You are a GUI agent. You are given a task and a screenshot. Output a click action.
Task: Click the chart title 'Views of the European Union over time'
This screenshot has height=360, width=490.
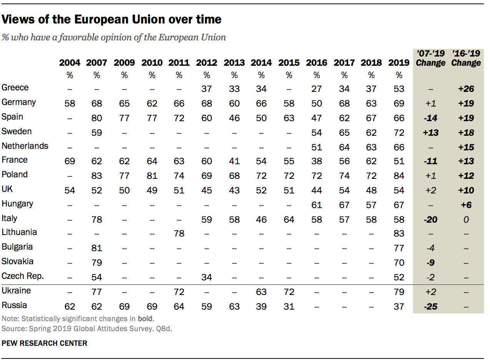112,19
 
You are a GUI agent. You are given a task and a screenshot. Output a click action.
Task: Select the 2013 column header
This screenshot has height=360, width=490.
234,63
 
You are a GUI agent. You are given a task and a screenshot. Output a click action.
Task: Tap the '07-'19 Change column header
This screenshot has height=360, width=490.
430,58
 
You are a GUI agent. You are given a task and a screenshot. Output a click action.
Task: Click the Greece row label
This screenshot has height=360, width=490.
15,88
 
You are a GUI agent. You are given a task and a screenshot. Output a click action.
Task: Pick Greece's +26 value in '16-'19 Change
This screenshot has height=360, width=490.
466,89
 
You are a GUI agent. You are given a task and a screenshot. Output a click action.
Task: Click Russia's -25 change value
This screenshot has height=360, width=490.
430,307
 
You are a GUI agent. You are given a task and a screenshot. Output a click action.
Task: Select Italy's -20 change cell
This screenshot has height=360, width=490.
430,220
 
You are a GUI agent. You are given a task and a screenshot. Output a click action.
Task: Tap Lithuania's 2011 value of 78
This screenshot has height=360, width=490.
179,234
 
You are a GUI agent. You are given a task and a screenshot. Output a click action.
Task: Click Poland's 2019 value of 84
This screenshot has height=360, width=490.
399,176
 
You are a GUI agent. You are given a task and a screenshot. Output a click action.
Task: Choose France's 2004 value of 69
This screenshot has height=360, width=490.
70,161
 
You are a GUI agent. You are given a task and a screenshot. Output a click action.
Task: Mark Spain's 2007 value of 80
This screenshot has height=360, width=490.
97,118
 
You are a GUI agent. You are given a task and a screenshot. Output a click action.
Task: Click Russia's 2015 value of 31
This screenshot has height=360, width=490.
289,307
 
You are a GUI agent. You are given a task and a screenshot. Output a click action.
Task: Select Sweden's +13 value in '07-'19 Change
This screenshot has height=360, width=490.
430,132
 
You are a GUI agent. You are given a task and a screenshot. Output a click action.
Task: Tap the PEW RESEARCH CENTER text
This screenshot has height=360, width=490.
45,343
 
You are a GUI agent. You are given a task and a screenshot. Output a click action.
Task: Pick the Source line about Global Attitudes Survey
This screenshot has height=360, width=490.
86,328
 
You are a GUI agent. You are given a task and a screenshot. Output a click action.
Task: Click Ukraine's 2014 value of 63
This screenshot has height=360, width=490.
261,292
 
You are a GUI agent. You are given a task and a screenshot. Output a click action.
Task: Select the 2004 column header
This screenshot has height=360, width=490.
70,63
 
